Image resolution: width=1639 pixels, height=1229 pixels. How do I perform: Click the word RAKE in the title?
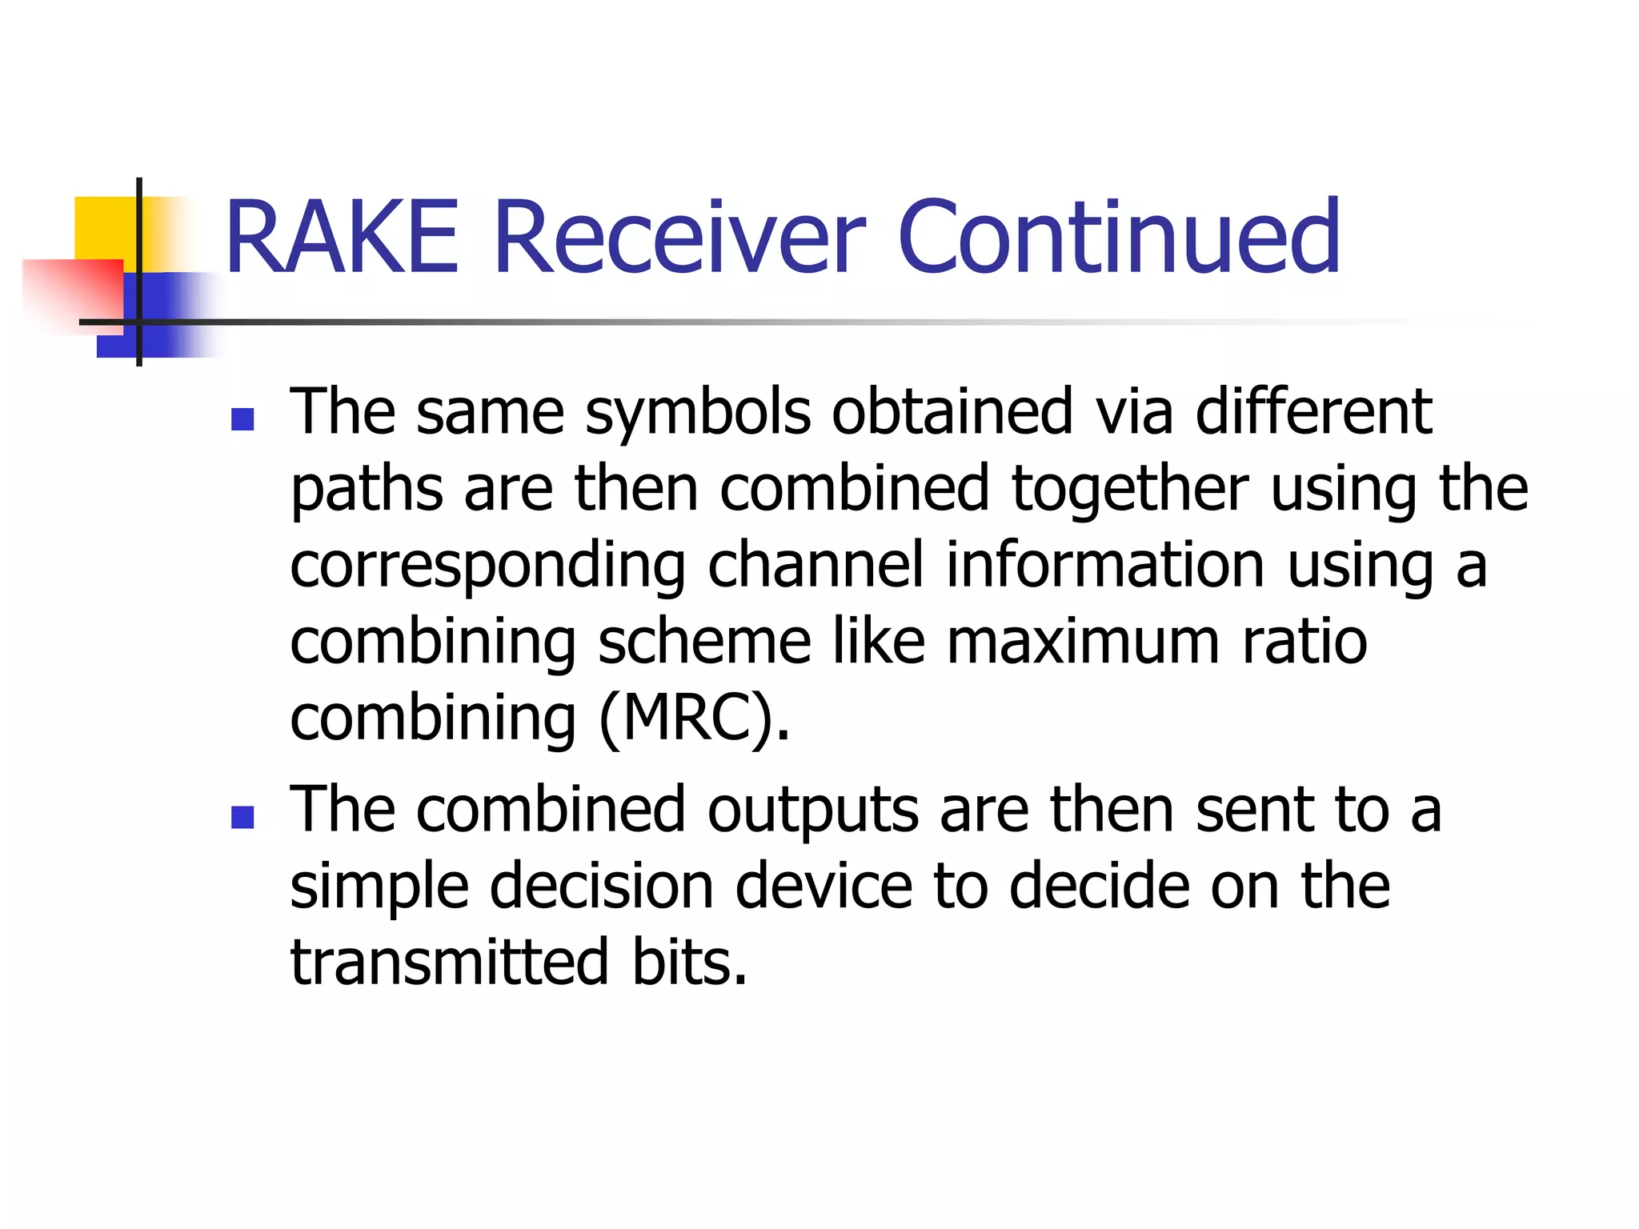click(343, 238)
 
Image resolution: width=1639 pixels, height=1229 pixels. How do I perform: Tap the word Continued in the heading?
click(1119, 238)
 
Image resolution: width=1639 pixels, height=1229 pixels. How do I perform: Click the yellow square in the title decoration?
click(104, 228)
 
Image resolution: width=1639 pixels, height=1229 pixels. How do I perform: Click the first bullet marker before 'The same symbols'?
click(242, 419)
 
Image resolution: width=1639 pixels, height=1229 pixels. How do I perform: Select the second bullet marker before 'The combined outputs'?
click(242, 817)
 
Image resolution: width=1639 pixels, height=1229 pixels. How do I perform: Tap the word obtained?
click(952, 412)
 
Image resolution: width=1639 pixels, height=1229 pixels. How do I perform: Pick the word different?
click(1313, 412)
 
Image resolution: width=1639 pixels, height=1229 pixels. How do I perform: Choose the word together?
click(1129, 490)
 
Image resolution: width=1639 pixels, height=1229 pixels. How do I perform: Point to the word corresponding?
click(487, 567)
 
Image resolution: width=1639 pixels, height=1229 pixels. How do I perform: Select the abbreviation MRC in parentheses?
click(686, 719)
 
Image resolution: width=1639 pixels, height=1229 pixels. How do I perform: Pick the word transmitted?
click(450, 963)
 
